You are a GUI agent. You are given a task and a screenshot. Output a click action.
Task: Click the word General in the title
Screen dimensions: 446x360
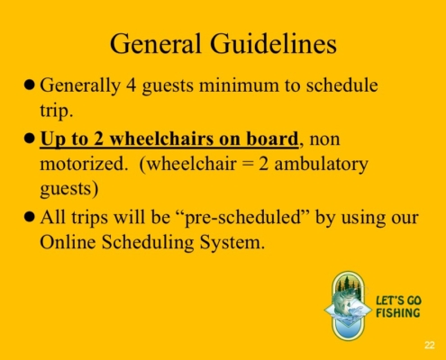(x=155, y=44)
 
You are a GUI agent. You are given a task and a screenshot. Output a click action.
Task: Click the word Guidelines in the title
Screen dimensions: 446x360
(x=273, y=44)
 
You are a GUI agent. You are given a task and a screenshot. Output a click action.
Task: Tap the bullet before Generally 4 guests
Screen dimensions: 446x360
(x=29, y=85)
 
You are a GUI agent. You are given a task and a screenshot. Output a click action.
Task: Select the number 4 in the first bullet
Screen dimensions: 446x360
(x=131, y=85)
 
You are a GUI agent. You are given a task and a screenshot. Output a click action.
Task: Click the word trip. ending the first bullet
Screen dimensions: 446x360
(x=57, y=111)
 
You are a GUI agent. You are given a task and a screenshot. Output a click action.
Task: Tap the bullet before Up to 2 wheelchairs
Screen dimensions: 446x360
(x=29, y=139)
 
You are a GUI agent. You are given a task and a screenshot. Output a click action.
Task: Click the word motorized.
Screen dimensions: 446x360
(x=82, y=164)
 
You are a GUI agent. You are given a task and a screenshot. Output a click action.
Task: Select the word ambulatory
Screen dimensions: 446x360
(x=321, y=165)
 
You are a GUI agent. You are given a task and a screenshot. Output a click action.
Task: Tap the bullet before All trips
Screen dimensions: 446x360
(x=29, y=217)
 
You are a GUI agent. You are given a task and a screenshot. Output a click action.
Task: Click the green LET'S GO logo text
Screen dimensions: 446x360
(x=398, y=301)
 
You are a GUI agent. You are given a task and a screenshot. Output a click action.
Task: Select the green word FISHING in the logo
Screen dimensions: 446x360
(x=398, y=313)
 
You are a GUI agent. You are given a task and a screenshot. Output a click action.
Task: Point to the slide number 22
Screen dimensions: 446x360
(x=430, y=346)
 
